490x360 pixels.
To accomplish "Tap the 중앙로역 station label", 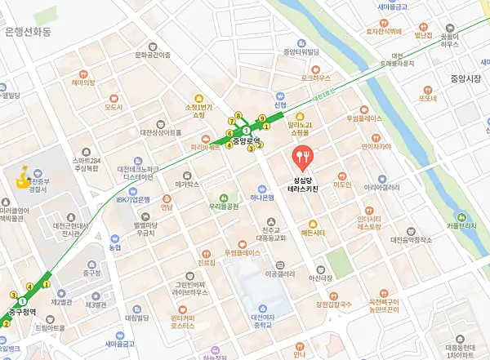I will click(245, 140).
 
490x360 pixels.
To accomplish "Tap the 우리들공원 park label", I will click(224, 207).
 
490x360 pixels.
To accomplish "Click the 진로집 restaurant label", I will click(206, 263).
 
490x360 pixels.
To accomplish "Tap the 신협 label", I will click(280, 105).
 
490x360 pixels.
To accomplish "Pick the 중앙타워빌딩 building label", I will click(301, 52).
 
